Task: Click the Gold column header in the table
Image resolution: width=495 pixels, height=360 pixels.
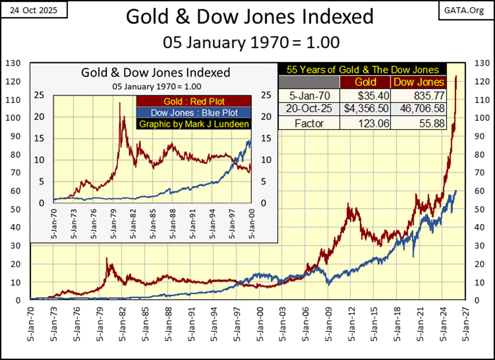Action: [365, 82]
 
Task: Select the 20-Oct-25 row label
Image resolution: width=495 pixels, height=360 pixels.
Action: [310, 108]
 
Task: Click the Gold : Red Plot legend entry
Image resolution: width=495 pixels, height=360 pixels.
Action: [194, 101]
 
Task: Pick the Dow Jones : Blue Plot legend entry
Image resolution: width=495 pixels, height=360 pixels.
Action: [194, 112]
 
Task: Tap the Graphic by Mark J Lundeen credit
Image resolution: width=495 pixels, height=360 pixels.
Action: [194, 123]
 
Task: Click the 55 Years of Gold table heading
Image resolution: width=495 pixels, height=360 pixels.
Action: [362, 70]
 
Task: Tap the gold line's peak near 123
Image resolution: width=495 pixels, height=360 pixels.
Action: [456, 76]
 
